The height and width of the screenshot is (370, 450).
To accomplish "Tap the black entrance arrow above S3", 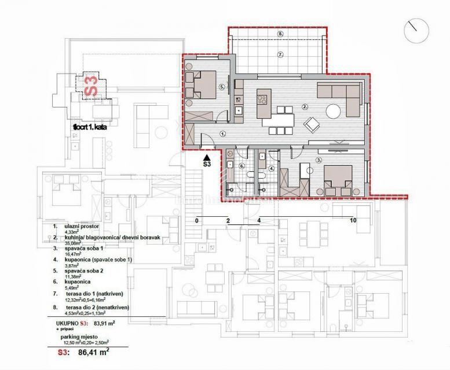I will (x=207, y=156).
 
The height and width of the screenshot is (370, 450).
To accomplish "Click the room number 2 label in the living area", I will (x=305, y=106).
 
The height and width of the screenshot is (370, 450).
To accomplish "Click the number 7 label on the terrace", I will (x=280, y=55).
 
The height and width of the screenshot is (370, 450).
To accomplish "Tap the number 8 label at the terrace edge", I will (x=280, y=34).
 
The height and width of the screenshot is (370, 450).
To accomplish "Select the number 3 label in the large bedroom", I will (x=318, y=160).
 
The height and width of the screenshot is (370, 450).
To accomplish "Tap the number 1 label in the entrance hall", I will (x=224, y=133).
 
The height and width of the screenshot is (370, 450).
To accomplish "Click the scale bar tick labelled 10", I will (x=353, y=220).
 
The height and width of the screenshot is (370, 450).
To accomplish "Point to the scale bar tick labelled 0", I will (x=197, y=220).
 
